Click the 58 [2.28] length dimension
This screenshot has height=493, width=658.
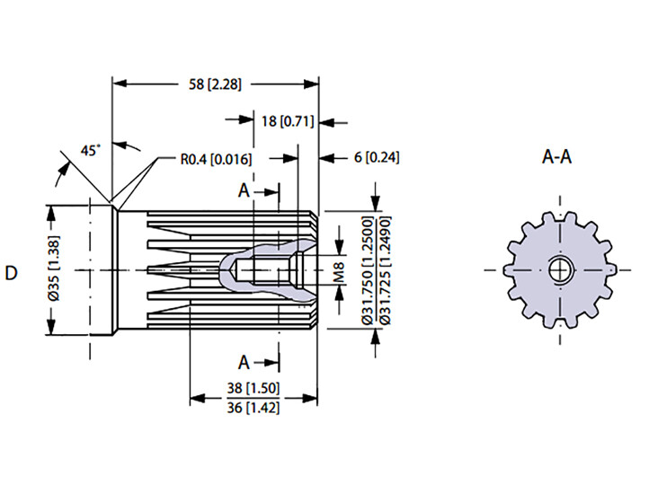tap(215, 84)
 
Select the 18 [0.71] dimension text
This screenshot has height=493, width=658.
tap(288, 121)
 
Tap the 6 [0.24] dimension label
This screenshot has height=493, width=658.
tap(377, 158)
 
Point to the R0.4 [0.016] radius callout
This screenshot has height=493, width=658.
tap(216, 159)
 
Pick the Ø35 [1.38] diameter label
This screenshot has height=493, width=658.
tap(55, 269)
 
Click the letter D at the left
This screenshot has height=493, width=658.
tap(12, 273)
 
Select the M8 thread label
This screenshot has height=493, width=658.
tap(339, 271)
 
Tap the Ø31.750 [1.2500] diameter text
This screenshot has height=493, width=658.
tap(368, 270)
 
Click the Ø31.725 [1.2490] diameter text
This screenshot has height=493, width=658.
tap(386, 270)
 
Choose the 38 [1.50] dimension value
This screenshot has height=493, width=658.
tap(253, 388)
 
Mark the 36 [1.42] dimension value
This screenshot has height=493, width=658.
tap(253, 407)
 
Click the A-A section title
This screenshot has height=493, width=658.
tap(556, 157)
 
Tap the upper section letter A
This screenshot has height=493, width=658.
tap(244, 190)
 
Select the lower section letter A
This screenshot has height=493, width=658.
tap(244, 362)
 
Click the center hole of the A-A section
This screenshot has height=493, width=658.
tap(560, 269)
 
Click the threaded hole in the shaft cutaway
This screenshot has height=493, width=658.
tap(269, 269)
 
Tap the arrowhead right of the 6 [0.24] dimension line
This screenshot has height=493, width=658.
tap(326, 158)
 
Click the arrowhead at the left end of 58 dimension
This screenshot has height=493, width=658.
tap(120, 84)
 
